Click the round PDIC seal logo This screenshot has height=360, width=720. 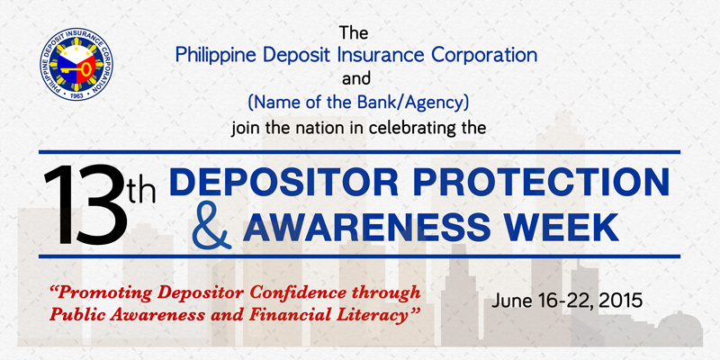click(76, 64)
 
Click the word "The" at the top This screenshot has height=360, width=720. click(354, 33)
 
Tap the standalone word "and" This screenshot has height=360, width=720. click(356, 79)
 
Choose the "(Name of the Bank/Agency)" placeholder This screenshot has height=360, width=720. click(358, 103)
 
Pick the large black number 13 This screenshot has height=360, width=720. click(85, 204)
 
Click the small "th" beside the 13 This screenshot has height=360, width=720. click(141, 191)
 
